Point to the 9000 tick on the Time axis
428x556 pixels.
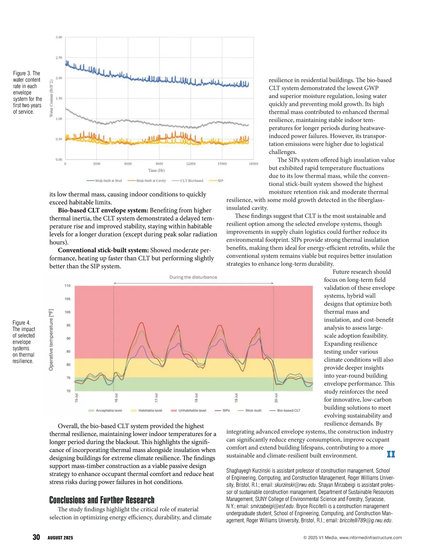point(159,164)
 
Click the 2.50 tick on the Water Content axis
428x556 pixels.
point(59,57)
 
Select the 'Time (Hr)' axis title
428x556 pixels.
point(156,170)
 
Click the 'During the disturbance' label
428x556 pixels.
point(193,277)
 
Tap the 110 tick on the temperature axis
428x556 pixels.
point(67,286)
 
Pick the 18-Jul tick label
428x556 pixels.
point(196,398)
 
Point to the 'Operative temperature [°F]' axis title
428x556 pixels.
point(51,339)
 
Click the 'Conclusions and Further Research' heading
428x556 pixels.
point(102,500)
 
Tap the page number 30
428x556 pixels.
point(36,537)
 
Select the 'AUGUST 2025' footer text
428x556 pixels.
point(60,538)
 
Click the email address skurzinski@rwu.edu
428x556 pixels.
point(295,485)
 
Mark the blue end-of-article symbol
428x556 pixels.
point(391,454)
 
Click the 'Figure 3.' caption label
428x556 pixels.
point(22,74)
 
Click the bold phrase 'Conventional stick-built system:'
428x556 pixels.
point(103,250)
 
